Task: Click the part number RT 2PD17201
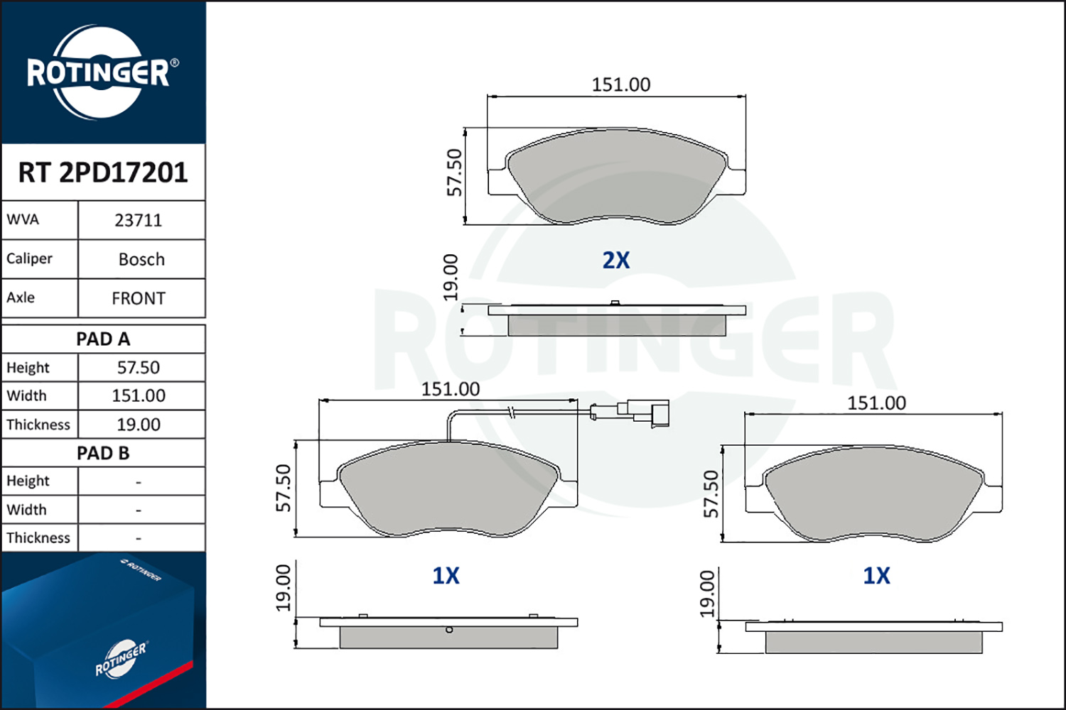pyautogui.click(x=103, y=172)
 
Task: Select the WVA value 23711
pyautogui.click(x=139, y=221)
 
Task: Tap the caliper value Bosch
pyautogui.click(x=141, y=259)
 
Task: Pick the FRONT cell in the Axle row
pyautogui.click(x=139, y=299)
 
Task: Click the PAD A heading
pyautogui.click(x=103, y=339)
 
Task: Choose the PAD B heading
pyautogui.click(x=103, y=453)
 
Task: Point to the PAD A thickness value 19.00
pyautogui.click(x=139, y=425)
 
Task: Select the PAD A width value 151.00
pyautogui.click(x=139, y=395)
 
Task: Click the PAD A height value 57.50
pyautogui.click(x=139, y=368)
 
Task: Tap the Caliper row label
pyautogui.click(x=29, y=258)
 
